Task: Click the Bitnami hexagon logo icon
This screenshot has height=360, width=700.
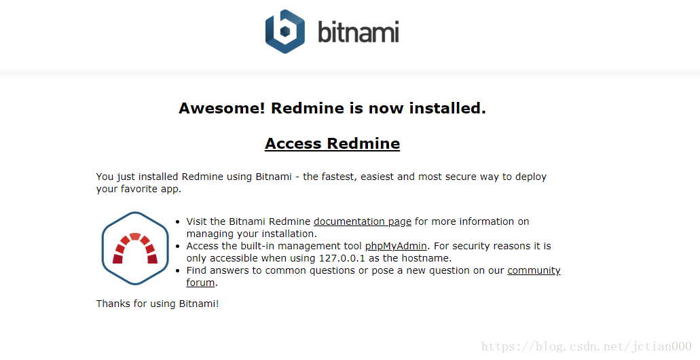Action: (x=285, y=32)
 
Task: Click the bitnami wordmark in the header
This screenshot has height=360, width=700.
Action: (x=358, y=32)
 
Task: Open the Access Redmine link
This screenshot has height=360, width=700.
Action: (x=332, y=143)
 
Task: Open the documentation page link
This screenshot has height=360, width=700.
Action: (x=363, y=221)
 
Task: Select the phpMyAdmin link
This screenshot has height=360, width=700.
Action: (x=396, y=246)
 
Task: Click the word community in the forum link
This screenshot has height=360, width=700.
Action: (x=534, y=270)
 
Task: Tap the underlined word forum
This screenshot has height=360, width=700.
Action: (x=200, y=283)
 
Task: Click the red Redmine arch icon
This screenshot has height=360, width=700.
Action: (x=135, y=249)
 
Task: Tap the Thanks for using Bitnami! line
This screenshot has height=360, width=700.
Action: (x=158, y=304)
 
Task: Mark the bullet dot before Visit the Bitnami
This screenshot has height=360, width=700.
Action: (x=178, y=221)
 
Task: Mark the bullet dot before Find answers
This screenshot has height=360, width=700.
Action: (x=178, y=270)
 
